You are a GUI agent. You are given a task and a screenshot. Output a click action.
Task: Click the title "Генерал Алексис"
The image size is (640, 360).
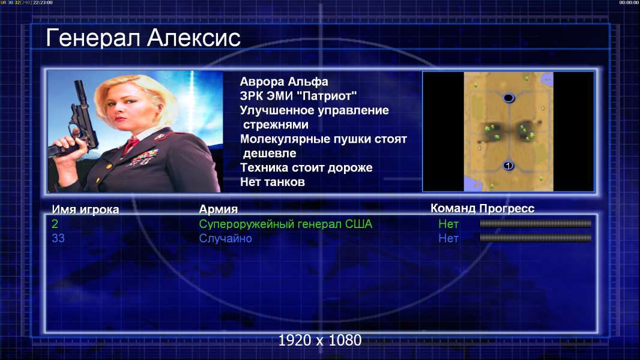143,38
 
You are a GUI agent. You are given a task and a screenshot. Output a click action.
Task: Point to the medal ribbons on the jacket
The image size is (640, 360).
144,157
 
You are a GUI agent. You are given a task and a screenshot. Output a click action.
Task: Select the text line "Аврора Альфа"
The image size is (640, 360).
284,82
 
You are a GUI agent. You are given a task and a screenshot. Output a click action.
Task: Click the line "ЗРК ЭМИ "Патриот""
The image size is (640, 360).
298,96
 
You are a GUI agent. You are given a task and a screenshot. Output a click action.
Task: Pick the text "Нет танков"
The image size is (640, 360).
273,182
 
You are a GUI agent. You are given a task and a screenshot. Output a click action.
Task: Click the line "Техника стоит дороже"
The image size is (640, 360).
306,167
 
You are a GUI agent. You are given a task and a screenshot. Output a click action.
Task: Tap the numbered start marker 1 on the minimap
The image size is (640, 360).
508,166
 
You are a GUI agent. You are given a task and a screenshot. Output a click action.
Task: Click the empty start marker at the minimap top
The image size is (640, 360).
508,98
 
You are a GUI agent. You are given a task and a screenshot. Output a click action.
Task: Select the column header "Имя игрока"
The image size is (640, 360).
85,209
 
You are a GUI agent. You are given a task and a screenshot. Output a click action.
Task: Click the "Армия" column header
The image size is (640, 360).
219,209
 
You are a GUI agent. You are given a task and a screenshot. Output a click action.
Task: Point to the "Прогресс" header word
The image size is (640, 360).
507,209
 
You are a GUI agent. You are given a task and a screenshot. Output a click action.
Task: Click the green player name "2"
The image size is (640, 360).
55,224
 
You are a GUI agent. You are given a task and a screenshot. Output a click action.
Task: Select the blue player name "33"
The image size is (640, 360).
58,238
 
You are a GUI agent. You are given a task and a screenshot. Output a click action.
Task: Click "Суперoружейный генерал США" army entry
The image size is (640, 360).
286,224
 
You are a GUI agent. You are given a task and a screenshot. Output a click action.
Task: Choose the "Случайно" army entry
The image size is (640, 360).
225,238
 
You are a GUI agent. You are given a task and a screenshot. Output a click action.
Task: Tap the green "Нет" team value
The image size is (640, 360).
448,224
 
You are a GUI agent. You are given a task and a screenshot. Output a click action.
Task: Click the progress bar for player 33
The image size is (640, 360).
536,238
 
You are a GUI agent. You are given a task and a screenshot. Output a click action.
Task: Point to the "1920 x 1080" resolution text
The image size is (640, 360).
320,340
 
